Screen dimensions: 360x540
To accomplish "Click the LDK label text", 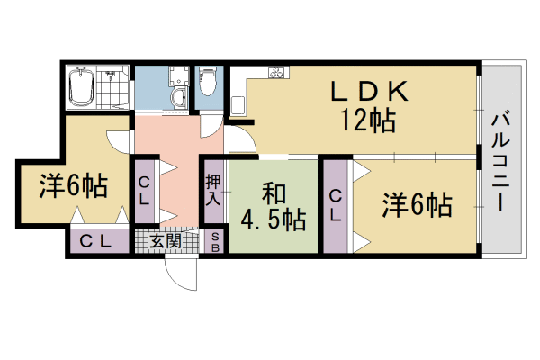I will (370, 91).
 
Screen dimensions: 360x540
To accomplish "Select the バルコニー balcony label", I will (502, 161).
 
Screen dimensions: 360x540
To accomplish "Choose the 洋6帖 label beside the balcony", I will (416, 205).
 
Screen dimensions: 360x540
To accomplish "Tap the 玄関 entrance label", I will (165, 240).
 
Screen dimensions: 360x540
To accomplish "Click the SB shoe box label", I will (216, 241).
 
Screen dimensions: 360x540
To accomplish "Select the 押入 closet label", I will (213, 190).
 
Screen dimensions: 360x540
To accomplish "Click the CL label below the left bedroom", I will (94, 241).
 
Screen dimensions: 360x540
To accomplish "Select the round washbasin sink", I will (176, 99).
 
